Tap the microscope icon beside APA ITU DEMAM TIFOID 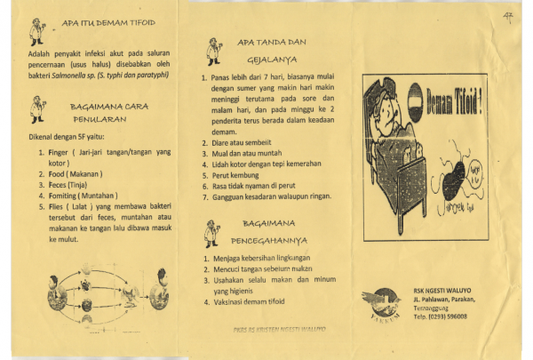pyautogui.click(x=36, y=30)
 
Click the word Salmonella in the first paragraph pyautogui.click(x=68, y=75)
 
